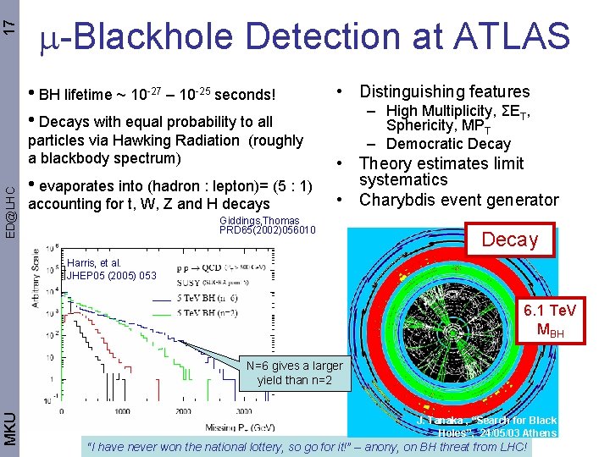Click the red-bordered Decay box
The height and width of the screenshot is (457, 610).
tap(509, 240)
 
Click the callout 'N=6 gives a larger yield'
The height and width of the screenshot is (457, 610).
tap(295, 372)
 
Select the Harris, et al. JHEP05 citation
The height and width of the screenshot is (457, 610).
tap(111, 269)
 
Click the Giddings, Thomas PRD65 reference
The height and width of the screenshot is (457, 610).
tap(267, 225)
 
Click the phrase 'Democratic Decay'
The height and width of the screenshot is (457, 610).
tap(448, 144)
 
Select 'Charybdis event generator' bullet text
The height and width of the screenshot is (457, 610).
tap(458, 200)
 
